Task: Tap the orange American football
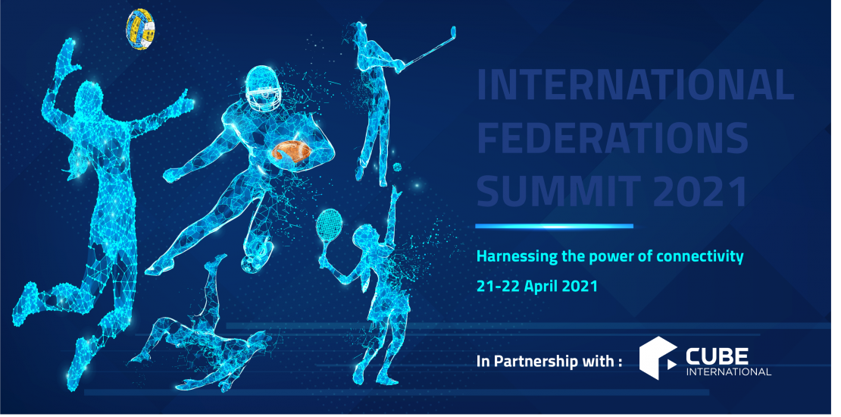290,152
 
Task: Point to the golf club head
452,33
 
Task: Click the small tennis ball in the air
397,167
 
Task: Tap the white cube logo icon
658,358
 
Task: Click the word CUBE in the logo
717,356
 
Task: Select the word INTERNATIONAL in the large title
635,86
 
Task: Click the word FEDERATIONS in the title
612,139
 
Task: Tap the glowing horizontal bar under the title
554,226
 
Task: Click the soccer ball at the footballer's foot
252,263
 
